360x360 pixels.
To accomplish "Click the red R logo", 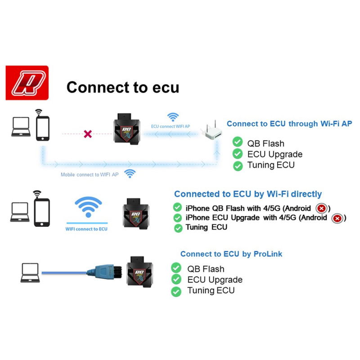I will coord(27,83).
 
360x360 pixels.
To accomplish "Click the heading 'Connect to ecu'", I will coord(122,87).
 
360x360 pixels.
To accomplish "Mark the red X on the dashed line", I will coord(88,134).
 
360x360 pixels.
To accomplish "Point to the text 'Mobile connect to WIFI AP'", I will coord(90,174).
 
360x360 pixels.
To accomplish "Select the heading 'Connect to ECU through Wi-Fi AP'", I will coord(289,123).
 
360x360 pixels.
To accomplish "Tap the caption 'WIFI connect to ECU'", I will coord(87,229).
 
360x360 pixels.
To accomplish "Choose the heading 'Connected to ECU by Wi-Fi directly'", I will coord(248,194).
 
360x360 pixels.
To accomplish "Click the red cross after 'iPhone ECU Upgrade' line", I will coord(337,218).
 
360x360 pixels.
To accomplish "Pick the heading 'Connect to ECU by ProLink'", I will coord(231,254).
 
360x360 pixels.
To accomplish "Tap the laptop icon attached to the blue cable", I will coord(30,272).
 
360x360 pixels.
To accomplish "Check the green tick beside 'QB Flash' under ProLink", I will coord(176,268).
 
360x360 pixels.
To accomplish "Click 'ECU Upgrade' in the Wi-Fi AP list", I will coord(274,154).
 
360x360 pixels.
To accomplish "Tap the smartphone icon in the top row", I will coord(43,128).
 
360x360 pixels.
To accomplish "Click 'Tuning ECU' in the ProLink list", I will coord(211,290).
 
